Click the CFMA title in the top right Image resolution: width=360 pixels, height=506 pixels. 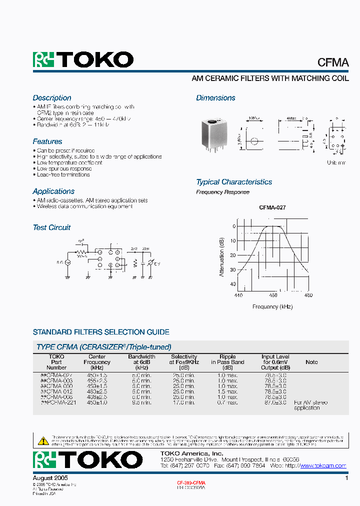pyautogui.click(x=333, y=62)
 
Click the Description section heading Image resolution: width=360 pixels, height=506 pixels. pyautogui.click(x=52, y=98)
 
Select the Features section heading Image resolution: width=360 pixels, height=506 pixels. pyautogui.click(x=47, y=141)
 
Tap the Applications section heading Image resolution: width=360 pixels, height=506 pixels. pyautogui.click(x=53, y=191)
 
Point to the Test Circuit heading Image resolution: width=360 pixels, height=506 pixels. pyautogui.click(x=51, y=227)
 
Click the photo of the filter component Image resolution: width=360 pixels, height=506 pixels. pyautogui.click(x=212, y=135)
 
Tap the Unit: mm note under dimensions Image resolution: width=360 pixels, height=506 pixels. pyautogui.click(x=336, y=163)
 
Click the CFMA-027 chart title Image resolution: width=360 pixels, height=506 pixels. pyautogui.click(x=272, y=207)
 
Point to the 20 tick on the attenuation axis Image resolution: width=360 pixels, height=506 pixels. pyautogui.click(x=232, y=255)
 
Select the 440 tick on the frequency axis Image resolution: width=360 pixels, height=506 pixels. pyautogui.click(x=238, y=295)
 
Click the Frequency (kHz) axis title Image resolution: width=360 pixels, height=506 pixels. pyautogui.click(x=272, y=307)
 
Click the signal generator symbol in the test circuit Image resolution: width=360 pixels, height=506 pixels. pyautogui.click(x=67, y=262)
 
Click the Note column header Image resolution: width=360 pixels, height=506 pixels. pyautogui.click(x=311, y=362)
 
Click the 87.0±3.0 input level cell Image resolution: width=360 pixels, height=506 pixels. pyautogui.click(x=275, y=402)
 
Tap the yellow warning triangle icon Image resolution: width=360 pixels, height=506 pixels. pyautogui.click(x=43, y=440)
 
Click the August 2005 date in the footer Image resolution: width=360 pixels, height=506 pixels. pyautogui.click(x=50, y=478)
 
